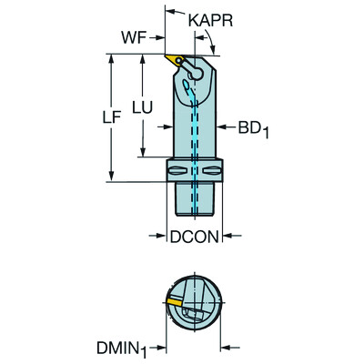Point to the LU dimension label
[x=140, y=106]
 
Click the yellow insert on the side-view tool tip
[x=172, y=62]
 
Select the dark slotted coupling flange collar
[x=194, y=170]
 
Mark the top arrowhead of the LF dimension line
[x=112, y=57]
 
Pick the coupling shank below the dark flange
[x=195, y=199]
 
